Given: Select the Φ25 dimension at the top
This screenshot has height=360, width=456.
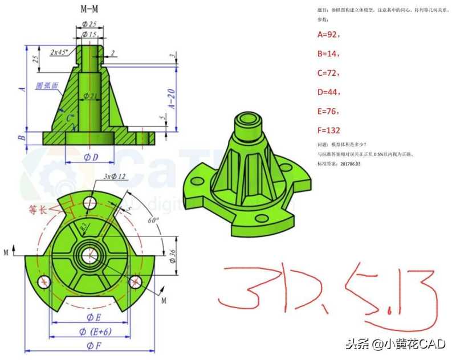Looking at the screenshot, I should [88, 24].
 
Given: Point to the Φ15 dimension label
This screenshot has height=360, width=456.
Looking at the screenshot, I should [89, 35].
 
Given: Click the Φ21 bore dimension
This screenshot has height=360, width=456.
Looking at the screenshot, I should [89, 96].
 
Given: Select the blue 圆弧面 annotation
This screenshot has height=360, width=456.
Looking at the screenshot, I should [47, 86].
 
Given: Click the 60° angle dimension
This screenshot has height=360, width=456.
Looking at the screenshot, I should [153, 219].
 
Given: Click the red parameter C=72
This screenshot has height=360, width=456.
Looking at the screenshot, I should [328, 73].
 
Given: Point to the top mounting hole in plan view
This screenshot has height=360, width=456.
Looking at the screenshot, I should [89, 202].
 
